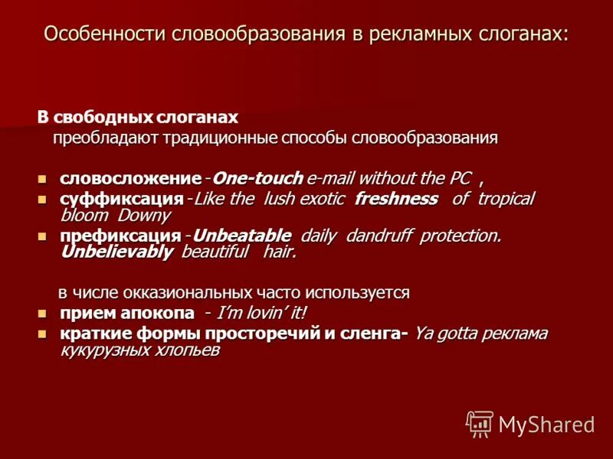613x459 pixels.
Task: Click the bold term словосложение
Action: point(130,179)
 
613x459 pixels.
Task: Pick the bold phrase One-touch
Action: point(257,179)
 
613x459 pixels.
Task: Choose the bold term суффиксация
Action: point(121,199)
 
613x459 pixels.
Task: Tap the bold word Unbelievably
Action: point(116,252)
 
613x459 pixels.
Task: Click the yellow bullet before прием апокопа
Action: point(43,314)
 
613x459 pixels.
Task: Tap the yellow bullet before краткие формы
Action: point(43,334)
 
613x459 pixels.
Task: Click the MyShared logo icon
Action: point(480,423)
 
